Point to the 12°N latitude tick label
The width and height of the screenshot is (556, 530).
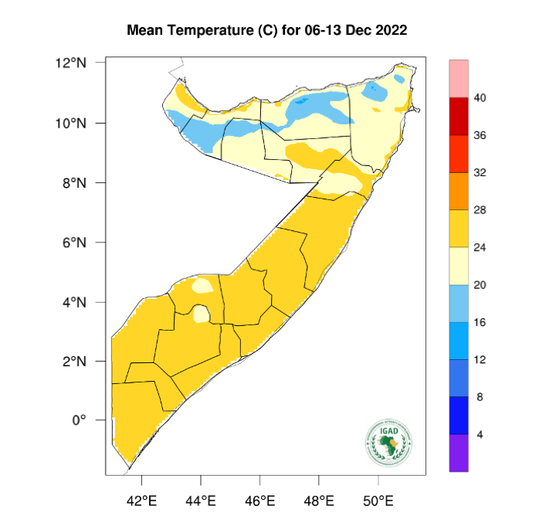[x=81, y=63]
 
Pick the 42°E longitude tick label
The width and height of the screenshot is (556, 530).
[x=141, y=501]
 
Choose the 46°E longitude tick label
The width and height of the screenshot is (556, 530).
[x=260, y=501]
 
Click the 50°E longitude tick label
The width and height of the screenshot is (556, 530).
[x=378, y=501]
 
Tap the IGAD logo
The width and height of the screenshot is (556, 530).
[x=388, y=443]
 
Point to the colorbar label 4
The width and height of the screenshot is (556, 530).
[x=480, y=435]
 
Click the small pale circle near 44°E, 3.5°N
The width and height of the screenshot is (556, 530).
[x=201, y=314]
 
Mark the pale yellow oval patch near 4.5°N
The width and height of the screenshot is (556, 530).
[x=202, y=285]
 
